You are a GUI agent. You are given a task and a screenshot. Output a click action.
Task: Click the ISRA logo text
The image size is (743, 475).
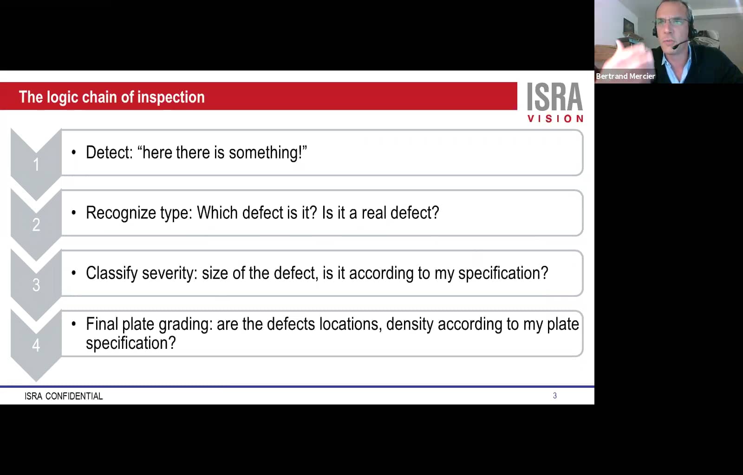pos(554,97)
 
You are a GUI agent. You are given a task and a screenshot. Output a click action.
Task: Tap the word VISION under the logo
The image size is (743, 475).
pos(555,119)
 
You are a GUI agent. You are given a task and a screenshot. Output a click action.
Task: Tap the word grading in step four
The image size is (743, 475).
pos(185,324)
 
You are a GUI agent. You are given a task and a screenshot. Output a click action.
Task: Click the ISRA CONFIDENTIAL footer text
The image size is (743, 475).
pos(64,396)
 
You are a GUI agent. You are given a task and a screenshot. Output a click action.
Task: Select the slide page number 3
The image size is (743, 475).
pos(554,396)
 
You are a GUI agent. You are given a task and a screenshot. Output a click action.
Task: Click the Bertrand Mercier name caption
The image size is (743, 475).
pos(625,76)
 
